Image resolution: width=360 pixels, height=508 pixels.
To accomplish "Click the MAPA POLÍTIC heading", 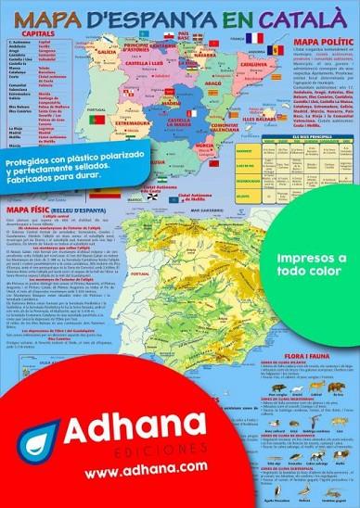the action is coord(322,43).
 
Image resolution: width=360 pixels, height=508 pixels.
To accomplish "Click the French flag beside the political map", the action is coord(254,38).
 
